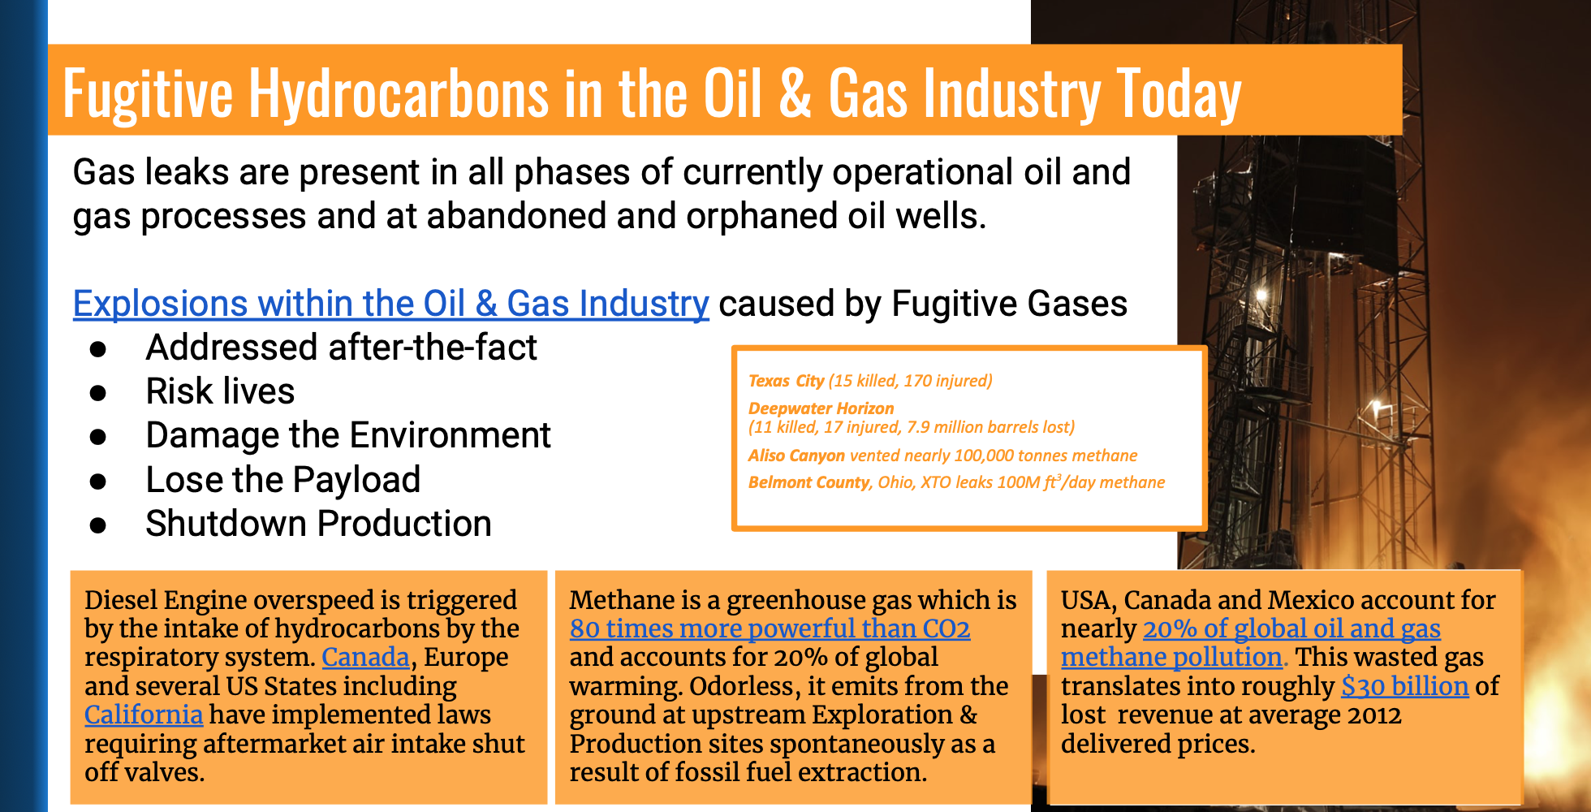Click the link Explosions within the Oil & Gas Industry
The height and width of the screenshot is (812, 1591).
click(391, 304)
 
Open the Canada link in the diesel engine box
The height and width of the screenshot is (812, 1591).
click(365, 657)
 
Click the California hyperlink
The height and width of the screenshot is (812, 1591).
click(144, 715)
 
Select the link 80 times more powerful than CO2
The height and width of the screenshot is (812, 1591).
click(770, 628)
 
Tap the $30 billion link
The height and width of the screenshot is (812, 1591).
click(1404, 686)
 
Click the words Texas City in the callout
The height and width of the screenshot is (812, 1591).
click(786, 381)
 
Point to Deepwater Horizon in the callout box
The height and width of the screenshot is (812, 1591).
click(821, 408)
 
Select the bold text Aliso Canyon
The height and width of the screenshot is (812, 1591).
click(796, 456)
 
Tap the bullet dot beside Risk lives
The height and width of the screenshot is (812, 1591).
click(98, 393)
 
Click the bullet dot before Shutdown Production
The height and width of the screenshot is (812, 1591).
click(98, 525)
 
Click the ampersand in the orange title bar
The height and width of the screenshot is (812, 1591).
click(795, 93)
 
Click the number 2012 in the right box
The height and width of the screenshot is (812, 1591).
click(1373, 715)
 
